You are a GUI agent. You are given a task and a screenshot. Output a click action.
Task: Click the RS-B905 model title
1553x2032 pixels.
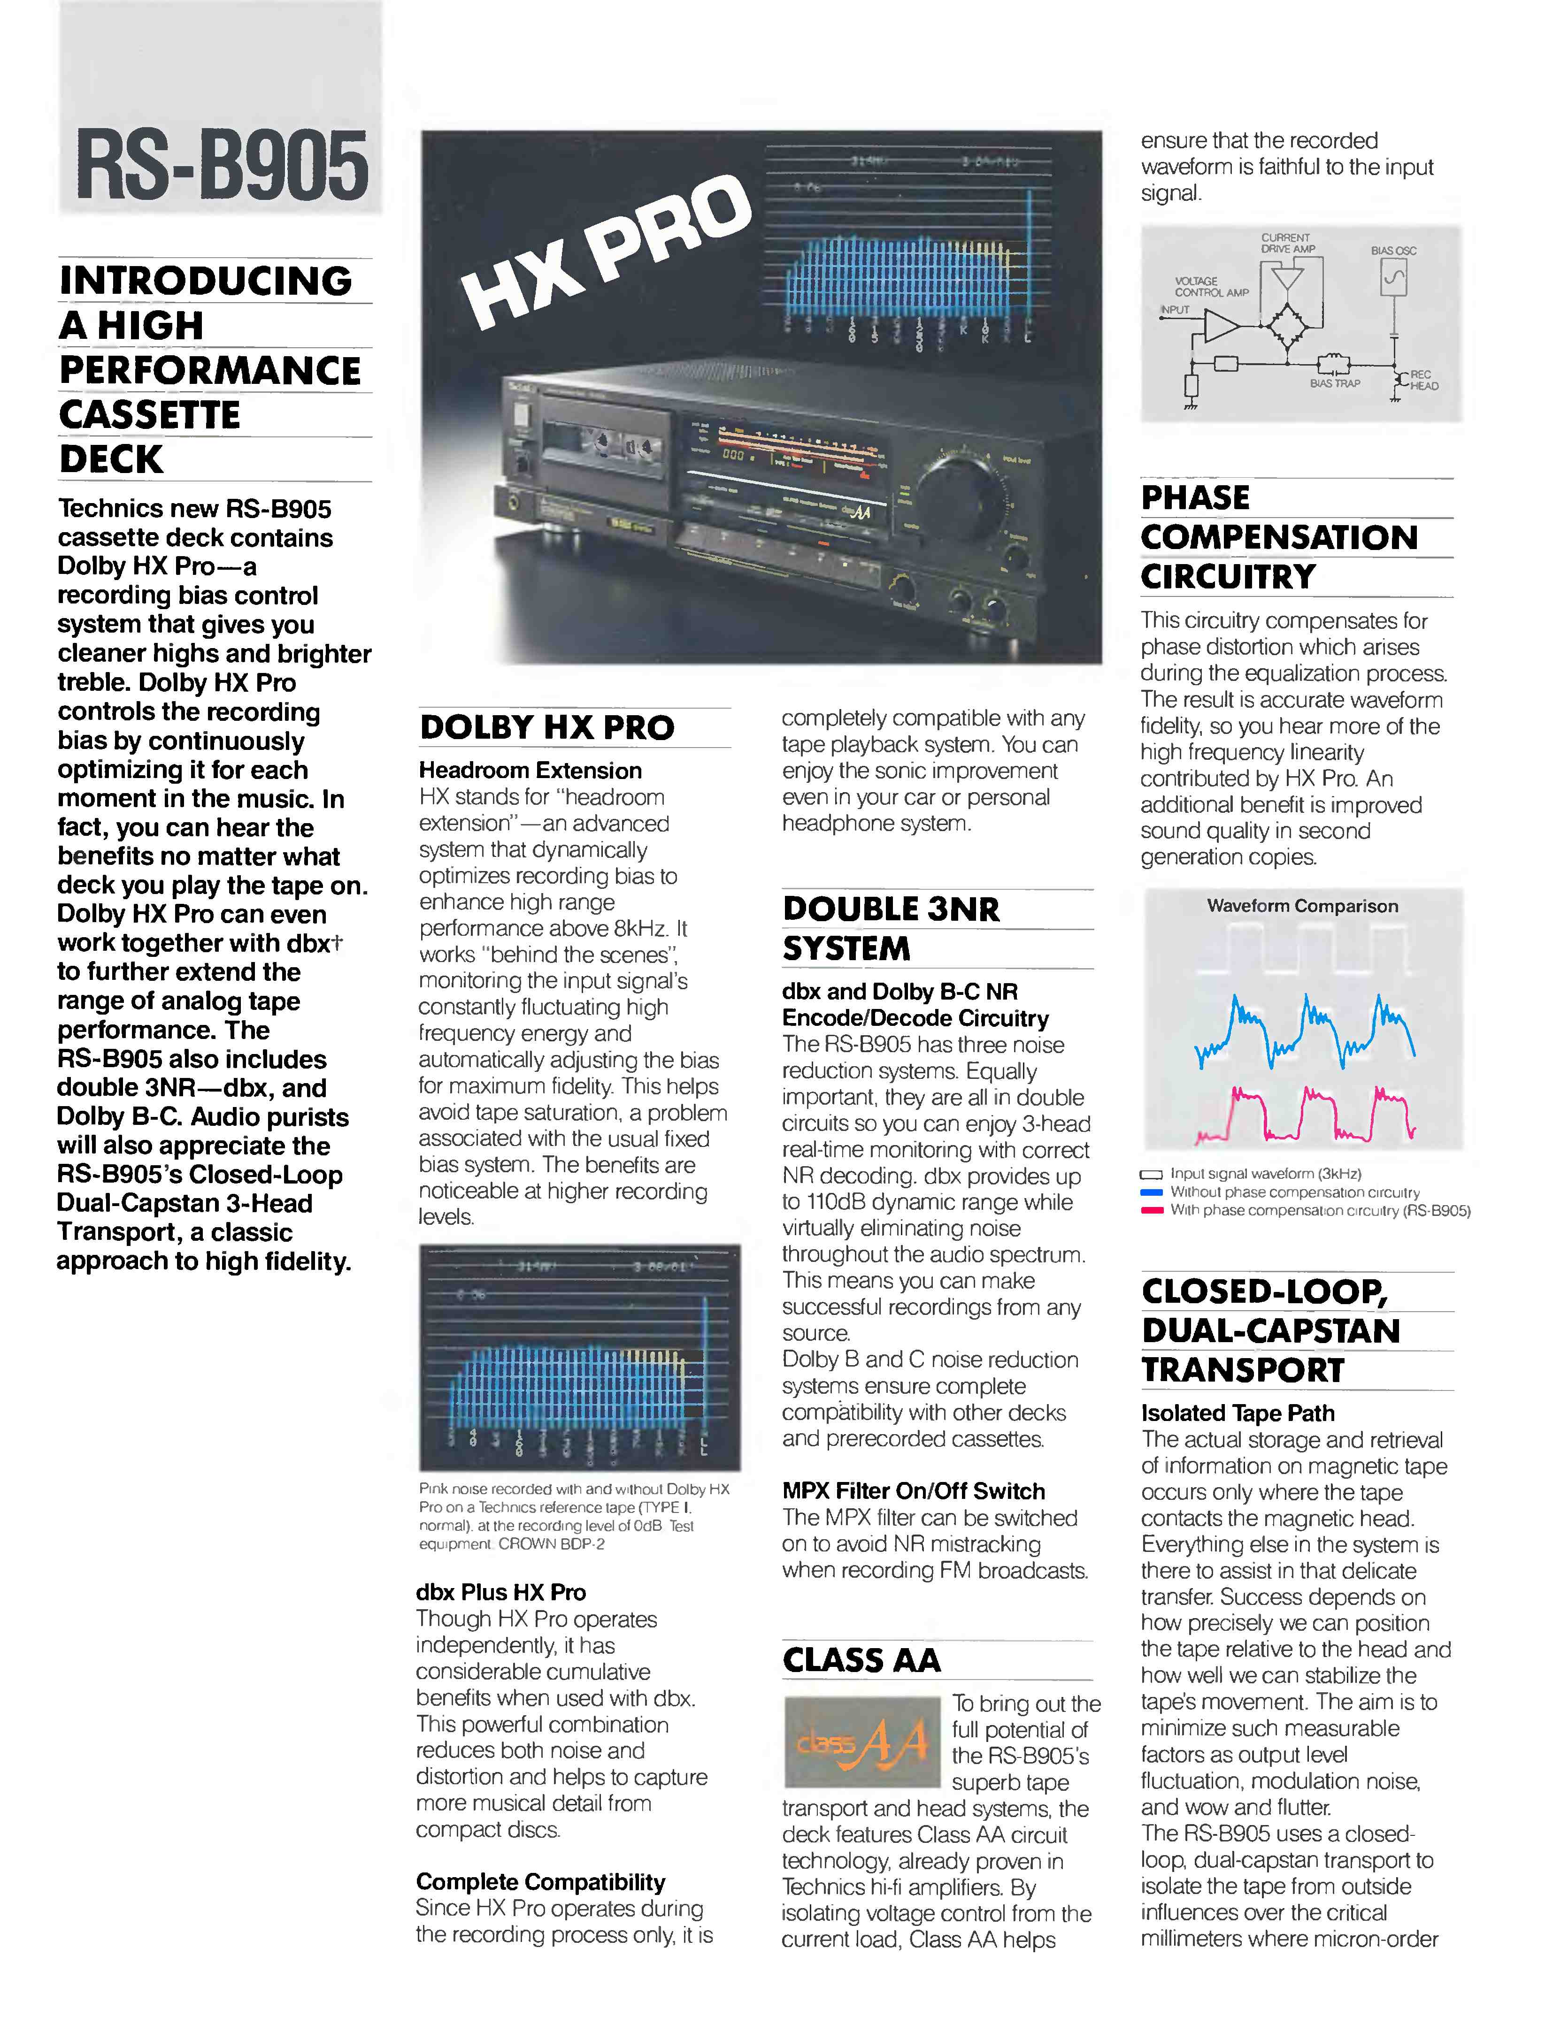[x=222, y=164]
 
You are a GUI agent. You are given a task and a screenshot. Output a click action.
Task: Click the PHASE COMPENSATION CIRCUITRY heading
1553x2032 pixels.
[x=1278, y=538]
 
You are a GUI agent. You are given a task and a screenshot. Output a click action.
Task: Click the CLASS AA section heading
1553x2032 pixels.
[x=861, y=1660]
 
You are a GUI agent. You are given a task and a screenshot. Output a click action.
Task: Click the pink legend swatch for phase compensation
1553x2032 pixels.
[x=1151, y=1210]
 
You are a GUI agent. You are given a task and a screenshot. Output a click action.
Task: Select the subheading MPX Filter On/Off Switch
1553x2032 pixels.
[x=913, y=1491]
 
